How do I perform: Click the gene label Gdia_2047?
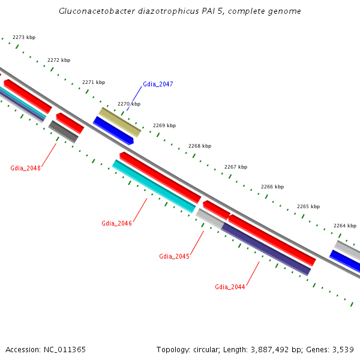coord(158,85)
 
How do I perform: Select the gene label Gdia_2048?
coord(25,168)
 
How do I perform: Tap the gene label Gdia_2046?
coord(116,223)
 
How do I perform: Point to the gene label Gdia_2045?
coord(174,256)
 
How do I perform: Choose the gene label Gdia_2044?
coord(230,287)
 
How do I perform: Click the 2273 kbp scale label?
coord(24,38)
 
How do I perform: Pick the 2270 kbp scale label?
coord(129,104)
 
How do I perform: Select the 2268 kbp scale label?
coord(200,146)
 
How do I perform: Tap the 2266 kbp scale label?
coord(272,187)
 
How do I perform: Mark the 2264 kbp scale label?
coord(345,226)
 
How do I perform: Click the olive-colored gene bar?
coord(119,122)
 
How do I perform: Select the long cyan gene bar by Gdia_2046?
coord(154,186)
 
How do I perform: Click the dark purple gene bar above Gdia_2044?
coord(266,250)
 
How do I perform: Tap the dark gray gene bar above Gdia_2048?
coord(64,131)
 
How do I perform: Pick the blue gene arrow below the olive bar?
coord(113,130)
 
